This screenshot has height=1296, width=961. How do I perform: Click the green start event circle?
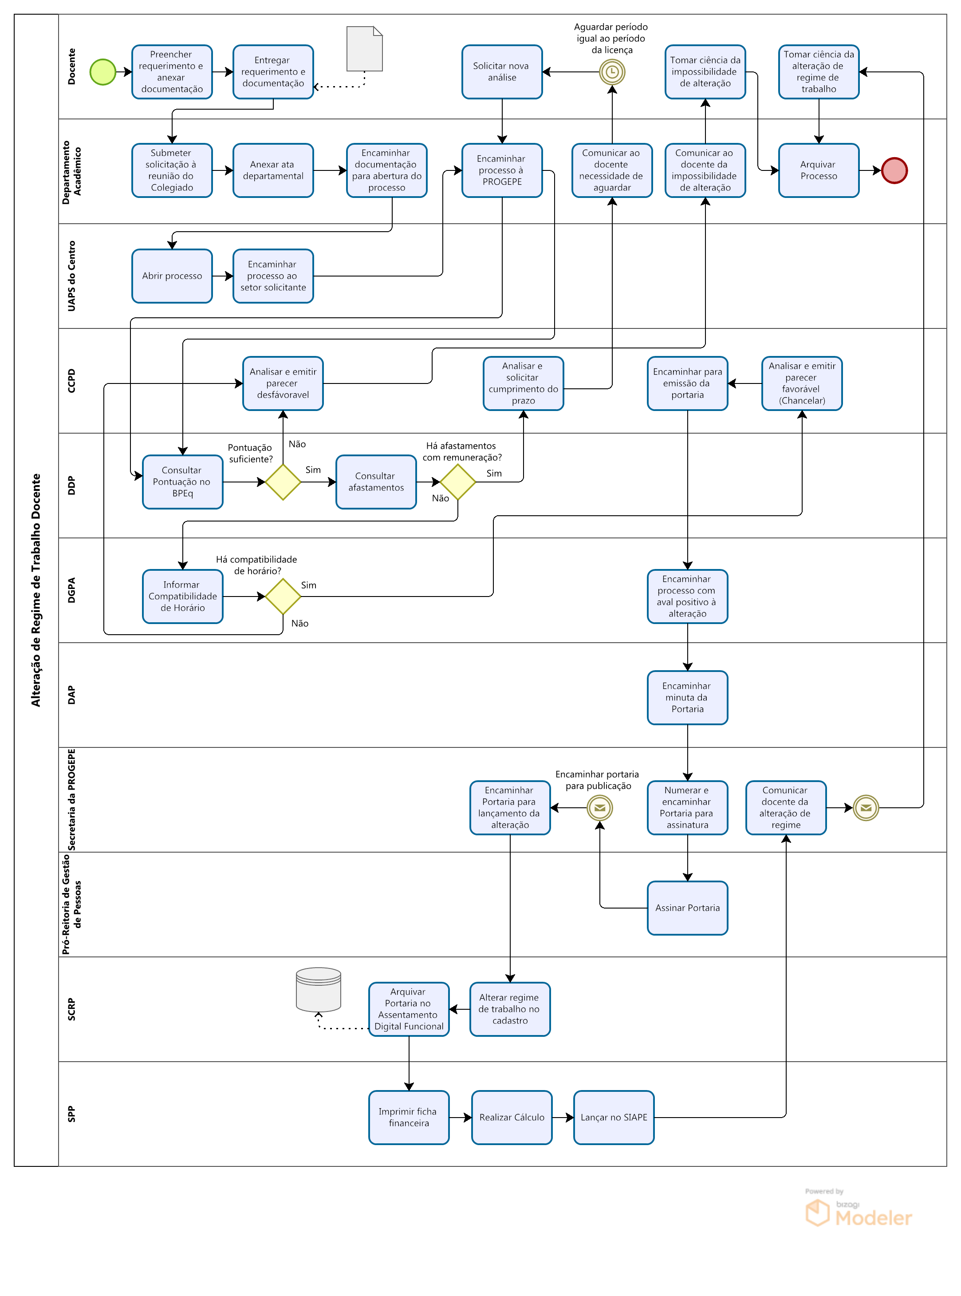point(103,72)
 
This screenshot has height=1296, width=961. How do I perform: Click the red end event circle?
point(894,170)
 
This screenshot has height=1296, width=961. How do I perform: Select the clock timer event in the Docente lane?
point(612,72)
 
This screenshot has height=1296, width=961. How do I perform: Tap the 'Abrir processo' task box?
point(172,276)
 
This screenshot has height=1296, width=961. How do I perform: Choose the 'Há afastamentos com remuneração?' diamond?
point(458,482)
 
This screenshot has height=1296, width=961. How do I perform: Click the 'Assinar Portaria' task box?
point(688,908)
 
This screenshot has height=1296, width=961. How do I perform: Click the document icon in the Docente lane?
point(365,49)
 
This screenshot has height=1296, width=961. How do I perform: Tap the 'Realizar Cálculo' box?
point(512,1117)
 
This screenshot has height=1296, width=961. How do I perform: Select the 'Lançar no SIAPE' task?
point(614,1117)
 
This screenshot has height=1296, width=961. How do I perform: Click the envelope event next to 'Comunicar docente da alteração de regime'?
point(866,808)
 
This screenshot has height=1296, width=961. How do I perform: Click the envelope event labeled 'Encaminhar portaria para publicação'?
point(600,808)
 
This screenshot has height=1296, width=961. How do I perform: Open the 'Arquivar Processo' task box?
point(819,170)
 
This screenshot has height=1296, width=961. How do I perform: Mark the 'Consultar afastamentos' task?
point(376,482)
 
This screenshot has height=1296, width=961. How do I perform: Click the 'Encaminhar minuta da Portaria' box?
point(688,698)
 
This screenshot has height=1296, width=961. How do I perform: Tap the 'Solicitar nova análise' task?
point(502,72)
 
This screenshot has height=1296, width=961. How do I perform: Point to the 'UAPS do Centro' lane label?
point(71,276)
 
